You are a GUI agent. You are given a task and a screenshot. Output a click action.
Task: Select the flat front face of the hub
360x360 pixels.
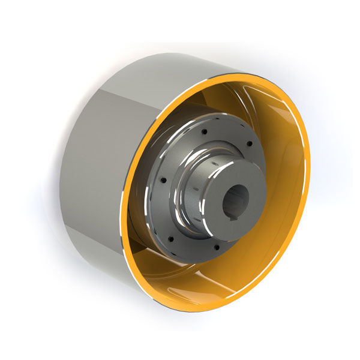[x=252, y=180]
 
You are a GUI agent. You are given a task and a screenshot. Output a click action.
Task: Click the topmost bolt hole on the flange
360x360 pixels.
[x=204, y=131]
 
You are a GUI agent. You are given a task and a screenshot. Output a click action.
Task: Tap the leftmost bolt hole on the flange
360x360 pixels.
[x=160, y=180]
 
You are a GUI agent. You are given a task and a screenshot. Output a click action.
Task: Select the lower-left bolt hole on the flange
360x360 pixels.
[x=170, y=239]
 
